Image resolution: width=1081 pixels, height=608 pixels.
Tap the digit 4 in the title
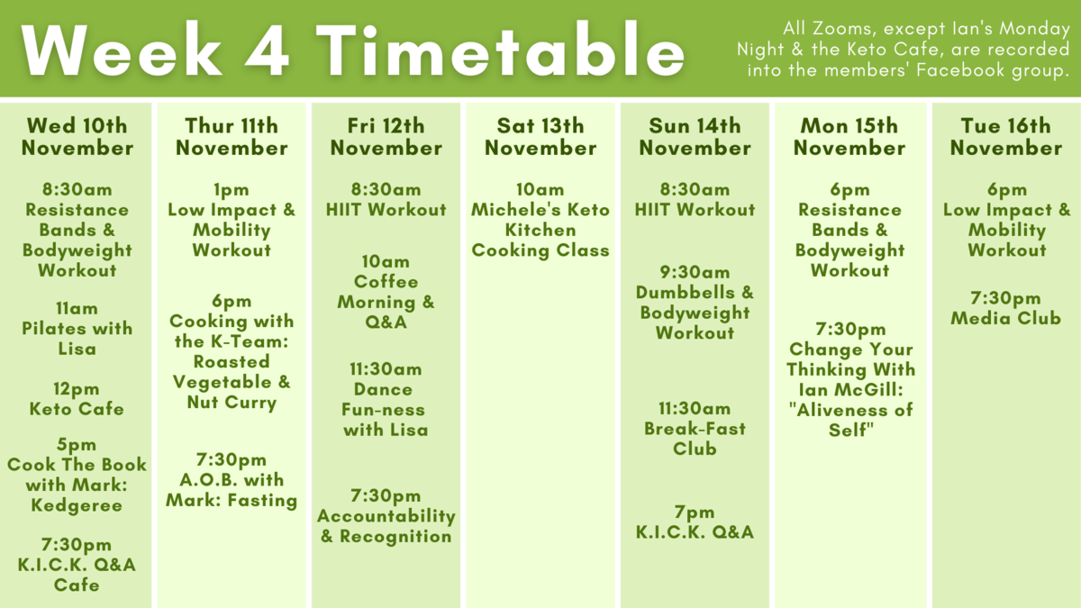267,50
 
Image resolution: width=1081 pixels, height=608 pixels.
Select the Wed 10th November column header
77,137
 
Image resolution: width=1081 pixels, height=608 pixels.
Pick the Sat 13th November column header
540,137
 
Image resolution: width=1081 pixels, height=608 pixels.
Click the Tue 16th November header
1006,137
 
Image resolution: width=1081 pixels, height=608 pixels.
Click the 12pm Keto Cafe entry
77,399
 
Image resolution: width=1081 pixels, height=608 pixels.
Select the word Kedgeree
77,505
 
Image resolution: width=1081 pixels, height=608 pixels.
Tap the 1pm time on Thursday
232,190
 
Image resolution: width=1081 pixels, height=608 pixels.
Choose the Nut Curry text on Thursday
232,402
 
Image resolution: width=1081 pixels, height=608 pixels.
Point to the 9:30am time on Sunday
695,272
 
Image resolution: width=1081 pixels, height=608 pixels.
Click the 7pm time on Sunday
695,512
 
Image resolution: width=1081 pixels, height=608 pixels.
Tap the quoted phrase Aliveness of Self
850,420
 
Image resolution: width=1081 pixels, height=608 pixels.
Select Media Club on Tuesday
1006,318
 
